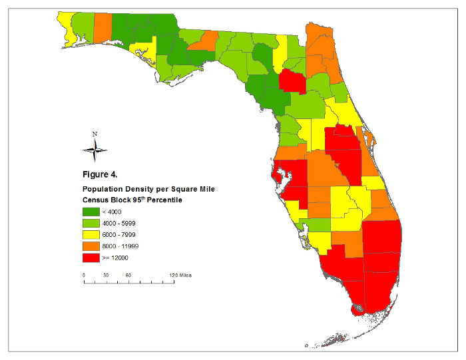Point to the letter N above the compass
(x=95, y=134)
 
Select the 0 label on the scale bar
(x=84, y=275)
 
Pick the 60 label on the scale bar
(x=128, y=275)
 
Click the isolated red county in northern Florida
(x=291, y=81)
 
